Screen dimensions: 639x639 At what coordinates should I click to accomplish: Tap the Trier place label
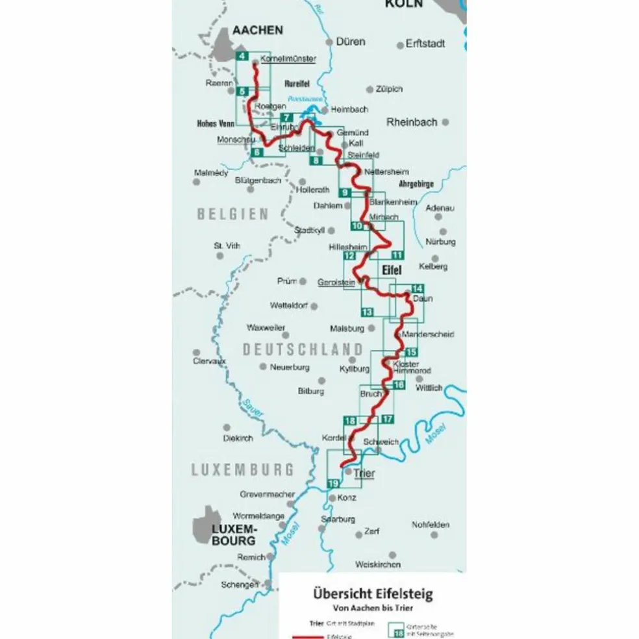tap(364, 473)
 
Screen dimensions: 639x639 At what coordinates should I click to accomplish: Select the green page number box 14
tap(417, 289)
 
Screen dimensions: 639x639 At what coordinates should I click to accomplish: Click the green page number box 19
tap(334, 483)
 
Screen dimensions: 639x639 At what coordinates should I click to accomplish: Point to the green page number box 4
tap(242, 56)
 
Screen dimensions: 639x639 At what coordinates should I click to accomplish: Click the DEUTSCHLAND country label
tap(303, 349)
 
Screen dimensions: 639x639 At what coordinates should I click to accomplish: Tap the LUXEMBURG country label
tap(242, 469)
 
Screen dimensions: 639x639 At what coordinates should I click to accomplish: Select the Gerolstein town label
tap(336, 282)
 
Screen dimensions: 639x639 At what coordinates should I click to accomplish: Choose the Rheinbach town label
tap(412, 121)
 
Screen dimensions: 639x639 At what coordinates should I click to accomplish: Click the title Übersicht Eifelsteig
tap(372, 594)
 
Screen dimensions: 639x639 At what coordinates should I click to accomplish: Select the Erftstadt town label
tap(425, 44)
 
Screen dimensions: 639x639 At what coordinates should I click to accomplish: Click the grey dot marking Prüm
tap(303, 281)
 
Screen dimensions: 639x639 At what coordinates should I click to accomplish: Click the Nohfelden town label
tap(431, 525)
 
